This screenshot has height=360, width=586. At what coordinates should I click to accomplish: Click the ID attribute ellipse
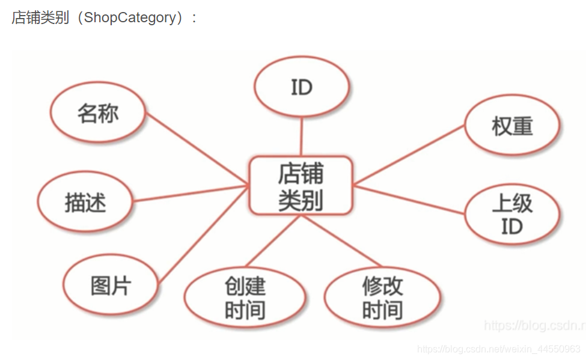[302, 87]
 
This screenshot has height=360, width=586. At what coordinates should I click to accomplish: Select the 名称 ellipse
[98, 113]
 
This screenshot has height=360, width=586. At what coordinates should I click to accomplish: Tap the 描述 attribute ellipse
[85, 202]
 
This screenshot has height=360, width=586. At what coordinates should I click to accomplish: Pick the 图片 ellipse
[111, 285]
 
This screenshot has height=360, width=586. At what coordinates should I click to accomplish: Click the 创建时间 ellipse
[245, 297]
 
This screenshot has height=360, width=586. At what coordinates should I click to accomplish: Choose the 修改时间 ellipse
[382, 297]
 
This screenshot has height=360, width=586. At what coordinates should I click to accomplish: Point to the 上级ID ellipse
[512, 214]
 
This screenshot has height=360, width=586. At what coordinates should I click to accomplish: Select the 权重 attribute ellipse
[512, 126]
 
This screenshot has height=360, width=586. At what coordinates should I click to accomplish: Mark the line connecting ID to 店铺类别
[301, 136]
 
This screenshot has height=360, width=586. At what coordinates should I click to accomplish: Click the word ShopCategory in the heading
[130, 17]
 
